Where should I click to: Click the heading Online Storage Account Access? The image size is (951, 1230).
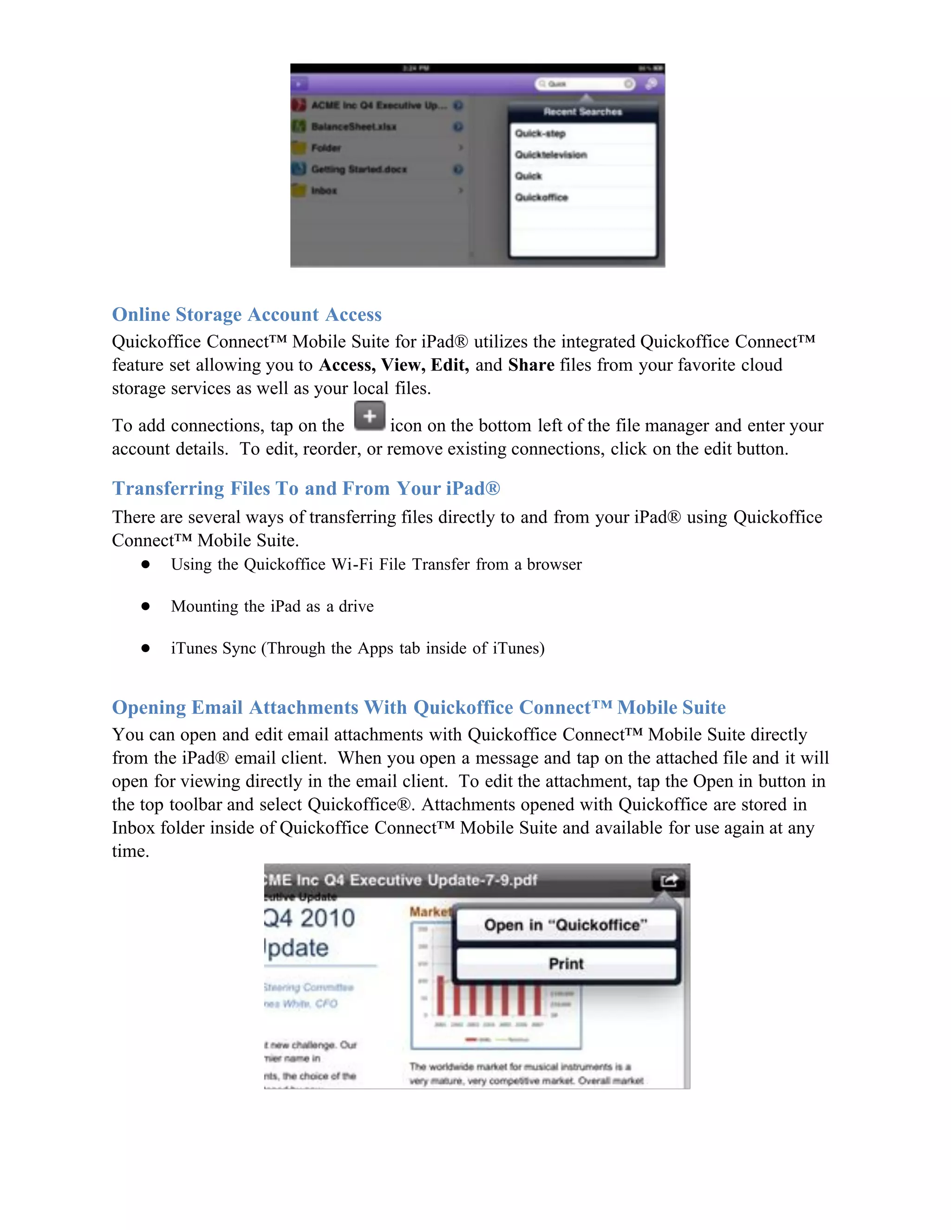tap(246, 314)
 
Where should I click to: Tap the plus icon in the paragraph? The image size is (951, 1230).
tap(370, 417)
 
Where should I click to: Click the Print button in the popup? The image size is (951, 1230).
tap(566, 964)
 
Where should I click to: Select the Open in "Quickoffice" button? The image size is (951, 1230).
tap(566, 925)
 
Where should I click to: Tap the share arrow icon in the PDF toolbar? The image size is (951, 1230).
tap(669, 880)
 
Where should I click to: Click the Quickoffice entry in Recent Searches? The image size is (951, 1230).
tap(541, 197)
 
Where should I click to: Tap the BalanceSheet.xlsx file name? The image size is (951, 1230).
tap(353, 127)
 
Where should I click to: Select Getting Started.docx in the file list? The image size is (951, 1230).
tap(359, 169)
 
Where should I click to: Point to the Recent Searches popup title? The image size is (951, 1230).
tap(583, 111)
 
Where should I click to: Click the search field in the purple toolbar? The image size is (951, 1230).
tap(584, 84)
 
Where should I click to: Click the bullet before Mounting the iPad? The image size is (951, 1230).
tap(145, 607)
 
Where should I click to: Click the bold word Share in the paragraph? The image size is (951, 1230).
tap(531, 365)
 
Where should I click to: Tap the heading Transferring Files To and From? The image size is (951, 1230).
tap(306, 488)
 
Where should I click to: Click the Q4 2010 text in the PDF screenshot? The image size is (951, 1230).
tap(309, 919)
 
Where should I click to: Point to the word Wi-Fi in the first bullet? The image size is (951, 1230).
tap(352, 564)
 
